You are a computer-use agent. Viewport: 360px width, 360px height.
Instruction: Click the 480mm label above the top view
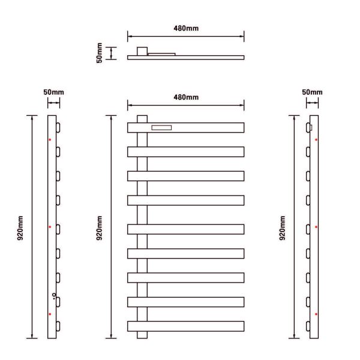tap(186, 28)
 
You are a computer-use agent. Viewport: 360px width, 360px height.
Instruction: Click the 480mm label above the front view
tap(186, 97)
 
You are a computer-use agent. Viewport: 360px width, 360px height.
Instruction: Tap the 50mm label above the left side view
tap(54, 92)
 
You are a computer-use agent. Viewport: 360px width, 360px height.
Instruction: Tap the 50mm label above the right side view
tap(312, 92)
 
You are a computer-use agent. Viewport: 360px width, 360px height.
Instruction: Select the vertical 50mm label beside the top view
tap(99, 53)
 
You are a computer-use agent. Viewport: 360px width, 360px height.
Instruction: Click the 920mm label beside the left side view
tap(20, 228)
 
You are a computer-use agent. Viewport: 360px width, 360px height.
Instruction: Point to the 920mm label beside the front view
tap(99, 228)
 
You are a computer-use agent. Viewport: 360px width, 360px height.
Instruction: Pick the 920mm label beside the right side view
tap(282, 228)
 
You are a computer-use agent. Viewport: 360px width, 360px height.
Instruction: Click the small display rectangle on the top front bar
tap(161, 128)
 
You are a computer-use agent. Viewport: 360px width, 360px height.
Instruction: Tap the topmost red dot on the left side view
tap(50, 140)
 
